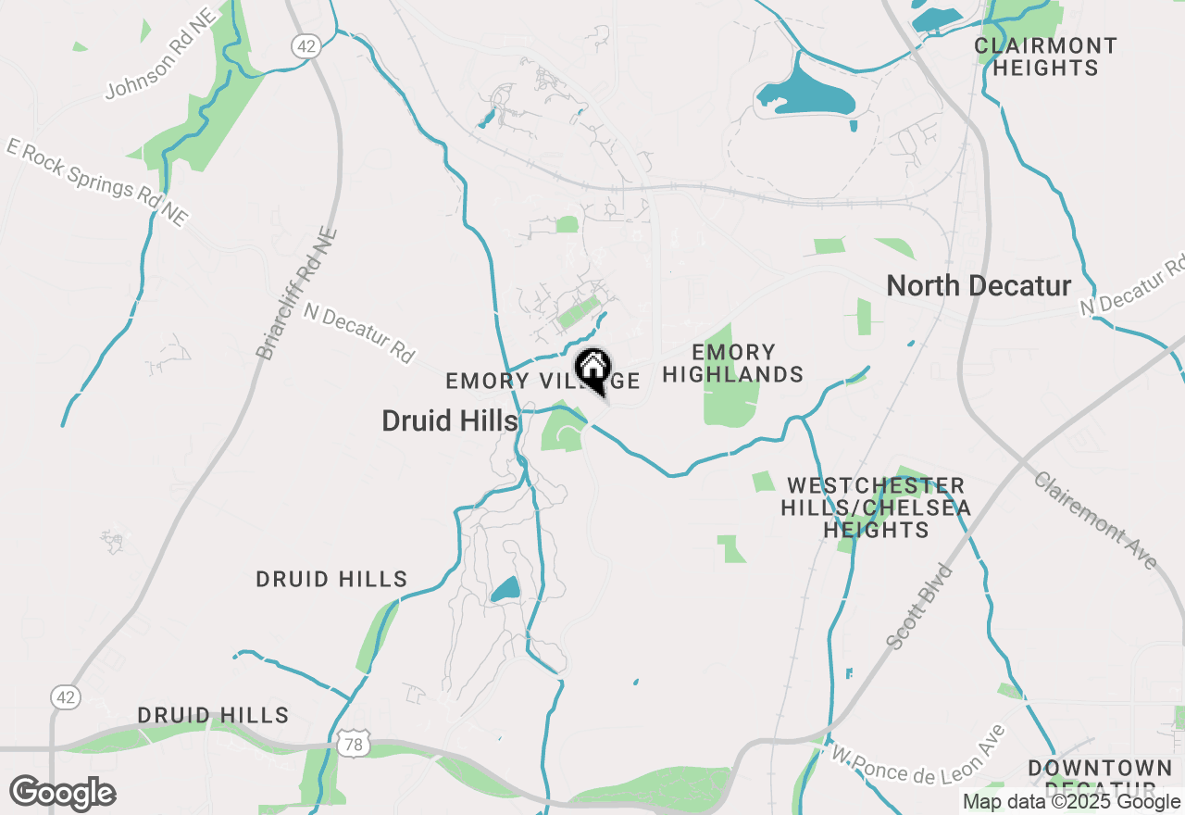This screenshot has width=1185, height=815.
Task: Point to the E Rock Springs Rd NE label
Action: tap(97, 182)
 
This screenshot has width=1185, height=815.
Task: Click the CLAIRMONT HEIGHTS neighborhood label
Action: tap(1046, 56)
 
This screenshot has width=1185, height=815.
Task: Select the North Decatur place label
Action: tap(979, 285)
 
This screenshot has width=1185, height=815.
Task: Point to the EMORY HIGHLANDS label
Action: tap(733, 363)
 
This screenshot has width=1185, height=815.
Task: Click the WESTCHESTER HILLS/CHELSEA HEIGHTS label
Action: tap(876, 508)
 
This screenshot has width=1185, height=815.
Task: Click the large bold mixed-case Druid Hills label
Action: tap(449, 421)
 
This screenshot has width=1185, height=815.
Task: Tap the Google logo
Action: tap(62, 794)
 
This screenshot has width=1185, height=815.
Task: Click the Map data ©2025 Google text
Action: tap(1071, 802)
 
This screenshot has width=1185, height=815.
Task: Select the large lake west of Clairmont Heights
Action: tap(805, 94)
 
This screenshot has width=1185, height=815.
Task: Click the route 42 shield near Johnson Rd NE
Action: tap(304, 45)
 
